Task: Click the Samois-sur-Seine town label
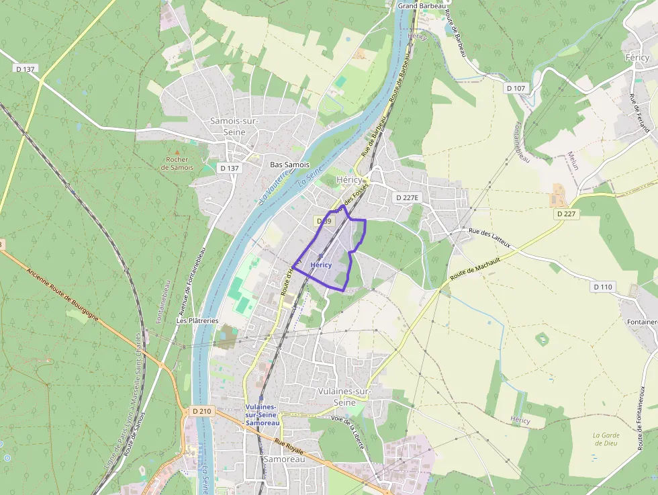tap(228, 126)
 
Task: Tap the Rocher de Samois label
tap(177, 163)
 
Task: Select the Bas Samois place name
tap(289, 165)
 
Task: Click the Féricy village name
tap(637, 58)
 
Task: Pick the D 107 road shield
tap(516, 88)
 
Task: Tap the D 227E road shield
tap(407, 197)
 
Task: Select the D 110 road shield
tap(604, 287)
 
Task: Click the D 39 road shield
tap(324, 221)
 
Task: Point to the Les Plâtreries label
tap(197, 321)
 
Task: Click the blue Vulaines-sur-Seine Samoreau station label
tap(262, 415)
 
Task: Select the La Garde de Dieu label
tap(606, 439)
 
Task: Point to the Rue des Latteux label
tap(490, 238)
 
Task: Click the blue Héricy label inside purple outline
tap(321, 265)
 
